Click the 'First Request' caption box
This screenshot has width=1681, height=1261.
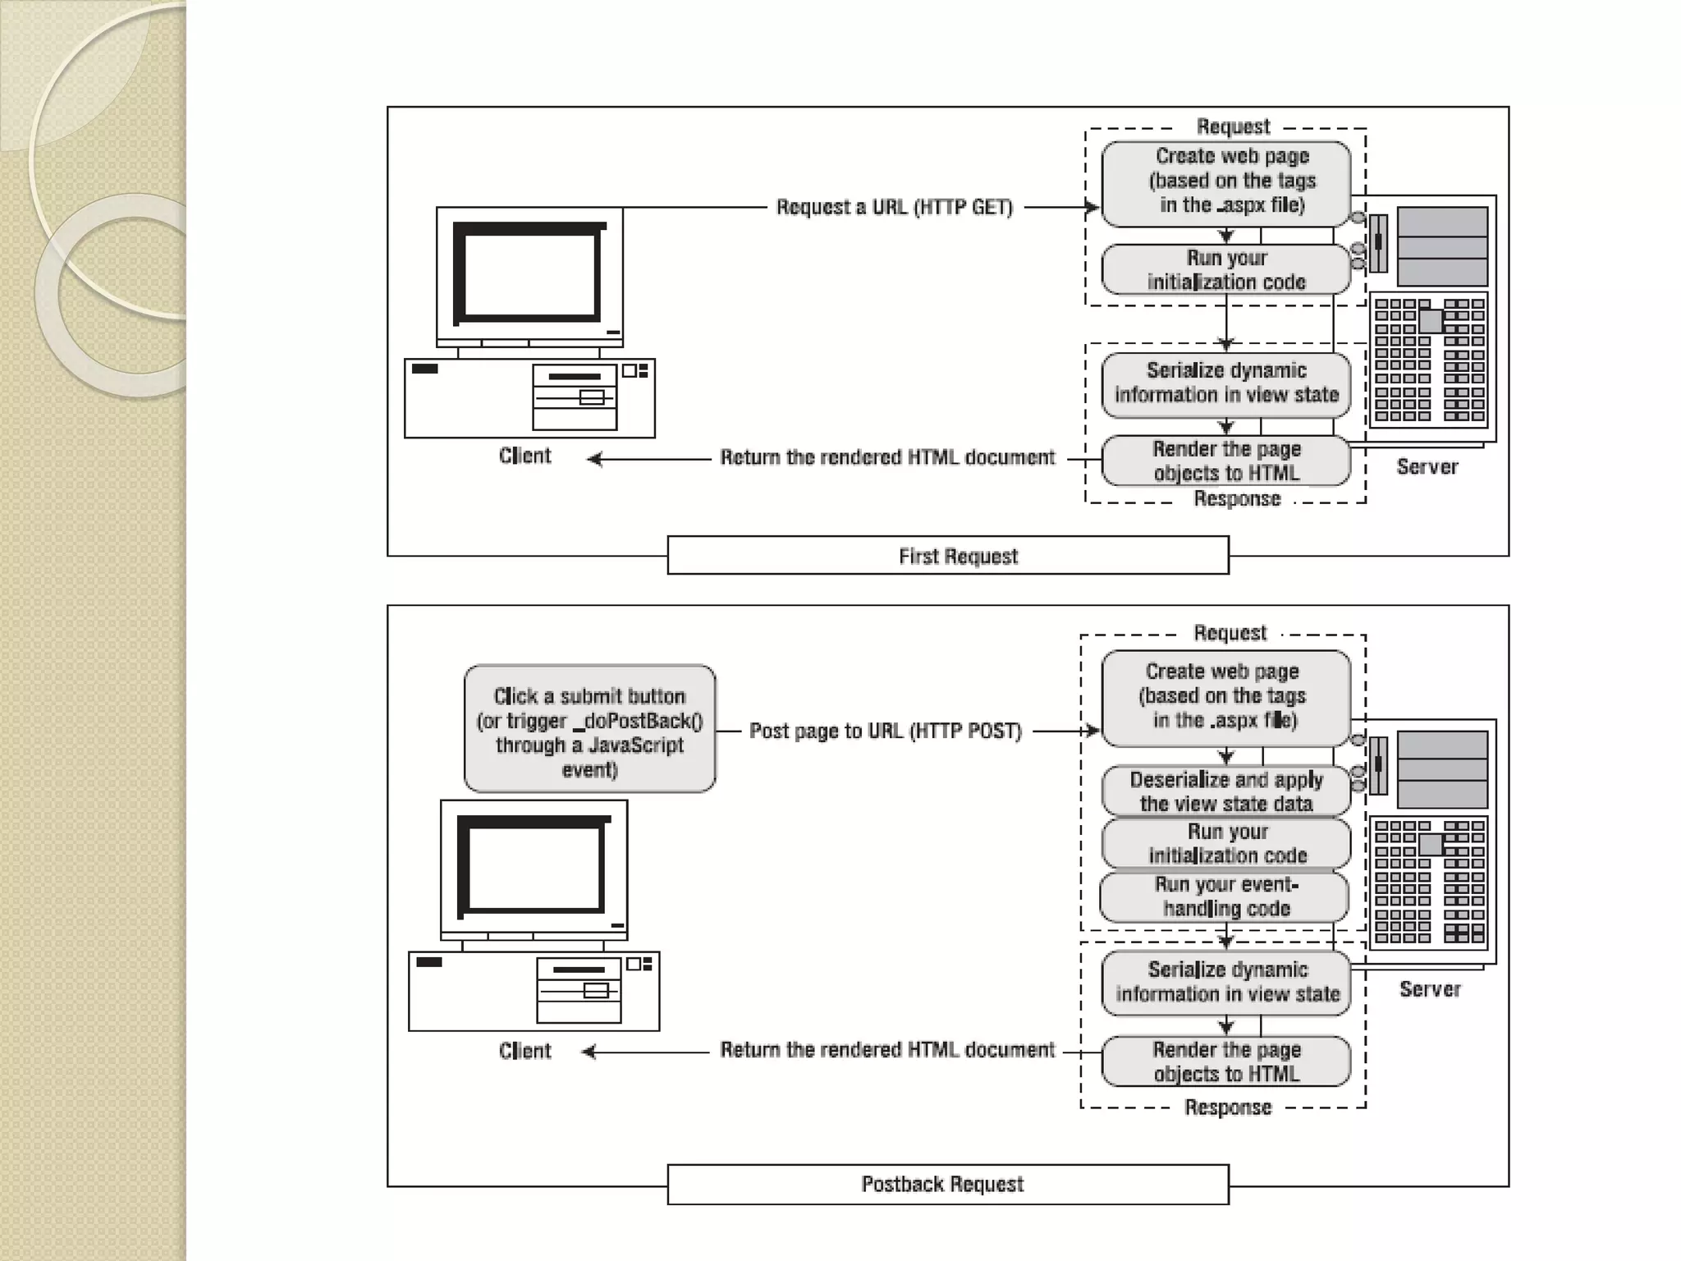click(948, 556)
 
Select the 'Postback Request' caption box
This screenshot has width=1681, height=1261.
click(948, 1184)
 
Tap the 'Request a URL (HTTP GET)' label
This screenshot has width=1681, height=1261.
click(895, 207)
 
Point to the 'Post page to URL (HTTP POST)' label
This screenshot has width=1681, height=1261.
click(886, 731)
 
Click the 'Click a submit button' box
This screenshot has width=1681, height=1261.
click(589, 729)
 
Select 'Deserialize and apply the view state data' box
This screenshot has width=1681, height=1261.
click(1226, 791)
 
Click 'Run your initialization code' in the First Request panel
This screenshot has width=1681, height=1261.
click(1226, 269)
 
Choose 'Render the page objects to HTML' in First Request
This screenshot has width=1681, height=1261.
click(1226, 461)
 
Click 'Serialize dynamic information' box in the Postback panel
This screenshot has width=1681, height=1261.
click(1226, 982)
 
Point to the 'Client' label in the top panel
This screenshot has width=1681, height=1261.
click(525, 456)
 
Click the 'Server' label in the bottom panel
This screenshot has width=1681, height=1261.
click(1430, 989)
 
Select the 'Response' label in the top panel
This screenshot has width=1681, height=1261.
click(1237, 499)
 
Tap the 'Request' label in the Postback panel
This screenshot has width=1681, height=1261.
click(1230, 633)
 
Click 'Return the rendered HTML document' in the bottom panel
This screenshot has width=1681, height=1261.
click(887, 1050)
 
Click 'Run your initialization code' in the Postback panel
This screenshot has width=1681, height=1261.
click(1226, 843)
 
